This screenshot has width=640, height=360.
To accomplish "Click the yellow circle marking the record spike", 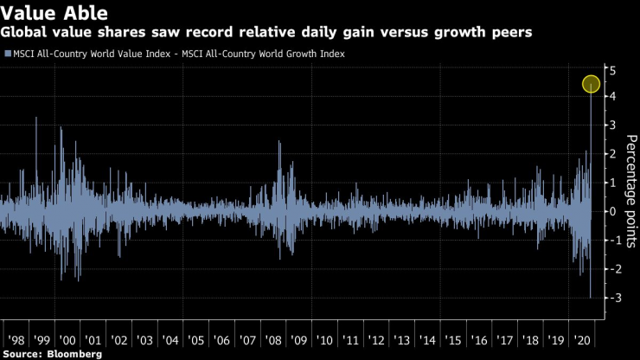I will tap(592, 84).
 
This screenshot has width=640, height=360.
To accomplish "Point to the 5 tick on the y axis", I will tap(611, 69).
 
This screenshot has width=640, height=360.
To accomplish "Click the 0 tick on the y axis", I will tap(611, 211).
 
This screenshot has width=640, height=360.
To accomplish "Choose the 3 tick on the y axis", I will tap(611, 125).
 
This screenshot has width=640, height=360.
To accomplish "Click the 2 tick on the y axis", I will tap(611, 154).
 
